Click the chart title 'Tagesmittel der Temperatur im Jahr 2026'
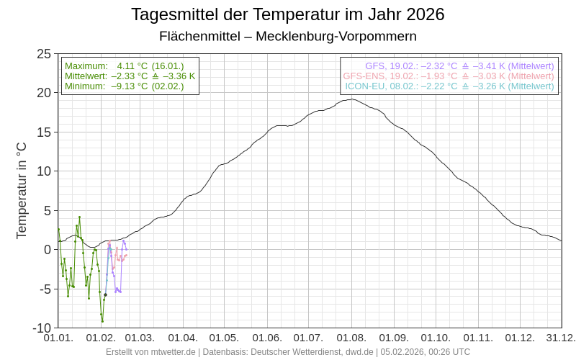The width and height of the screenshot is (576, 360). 288,14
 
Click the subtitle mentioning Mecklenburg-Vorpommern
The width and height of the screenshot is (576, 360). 288,36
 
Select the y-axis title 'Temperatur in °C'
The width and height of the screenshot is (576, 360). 22,190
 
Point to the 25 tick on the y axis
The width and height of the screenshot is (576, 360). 44,54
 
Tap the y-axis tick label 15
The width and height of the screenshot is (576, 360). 44,132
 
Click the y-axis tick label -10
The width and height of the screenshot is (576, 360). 42,328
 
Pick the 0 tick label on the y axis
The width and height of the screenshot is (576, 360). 48,250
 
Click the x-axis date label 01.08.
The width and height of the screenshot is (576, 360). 351,338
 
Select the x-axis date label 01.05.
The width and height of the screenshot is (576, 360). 224,338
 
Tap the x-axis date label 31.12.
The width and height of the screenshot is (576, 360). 561,338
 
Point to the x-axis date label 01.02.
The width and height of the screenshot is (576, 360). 101,338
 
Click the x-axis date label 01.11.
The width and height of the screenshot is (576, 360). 478,338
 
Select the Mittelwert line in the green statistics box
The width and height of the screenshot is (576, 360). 130,76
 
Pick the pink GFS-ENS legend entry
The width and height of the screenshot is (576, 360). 449,76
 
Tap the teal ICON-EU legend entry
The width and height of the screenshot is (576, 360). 449,86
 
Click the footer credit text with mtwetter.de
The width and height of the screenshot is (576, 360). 288,352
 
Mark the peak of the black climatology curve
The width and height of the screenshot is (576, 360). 351,99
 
